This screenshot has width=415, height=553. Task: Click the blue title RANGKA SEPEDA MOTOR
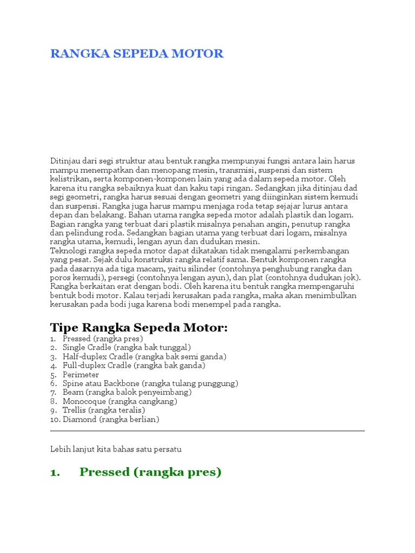click(x=137, y=53)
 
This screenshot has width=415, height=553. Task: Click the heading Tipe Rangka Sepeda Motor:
click(x=139, y=328)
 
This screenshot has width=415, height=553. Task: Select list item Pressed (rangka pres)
click(x=103, y=339)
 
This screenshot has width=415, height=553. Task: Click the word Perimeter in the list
click(x=81, y=374)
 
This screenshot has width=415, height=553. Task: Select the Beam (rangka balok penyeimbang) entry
click(x=127, y=392)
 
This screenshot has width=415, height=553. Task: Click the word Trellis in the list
click(x=75, y=410)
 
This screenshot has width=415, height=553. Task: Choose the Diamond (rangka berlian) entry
click(x=111, y=419)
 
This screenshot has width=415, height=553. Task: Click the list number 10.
click(x=55, y=419)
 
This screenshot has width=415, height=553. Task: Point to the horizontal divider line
click(x=207, y=431)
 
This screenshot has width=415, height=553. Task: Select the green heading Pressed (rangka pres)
click(x=151, y=472)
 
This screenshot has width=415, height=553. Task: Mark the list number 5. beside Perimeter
click(x=53, y=374)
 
